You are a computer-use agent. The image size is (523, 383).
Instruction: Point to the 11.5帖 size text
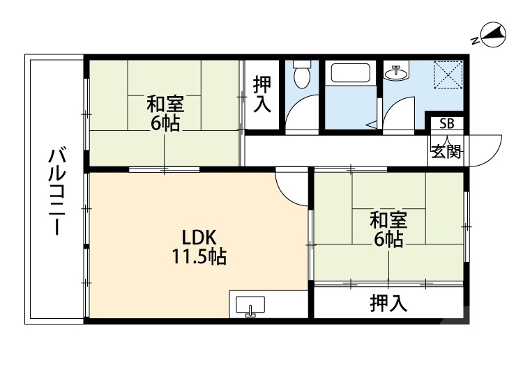tap(199, 257)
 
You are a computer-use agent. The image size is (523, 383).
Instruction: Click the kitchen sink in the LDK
tap(250, 306)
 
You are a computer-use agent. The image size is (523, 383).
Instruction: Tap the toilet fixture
tap(302, 75)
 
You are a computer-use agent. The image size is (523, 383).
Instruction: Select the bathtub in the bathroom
tap(351, 75)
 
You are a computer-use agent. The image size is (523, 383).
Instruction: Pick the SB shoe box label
tap(446, 124)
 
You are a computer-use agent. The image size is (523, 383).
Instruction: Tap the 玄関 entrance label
tap(446, 151)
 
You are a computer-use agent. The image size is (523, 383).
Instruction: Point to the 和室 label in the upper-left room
tap(165, 104)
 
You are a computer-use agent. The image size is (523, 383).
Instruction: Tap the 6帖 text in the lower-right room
tap(388, 240)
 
